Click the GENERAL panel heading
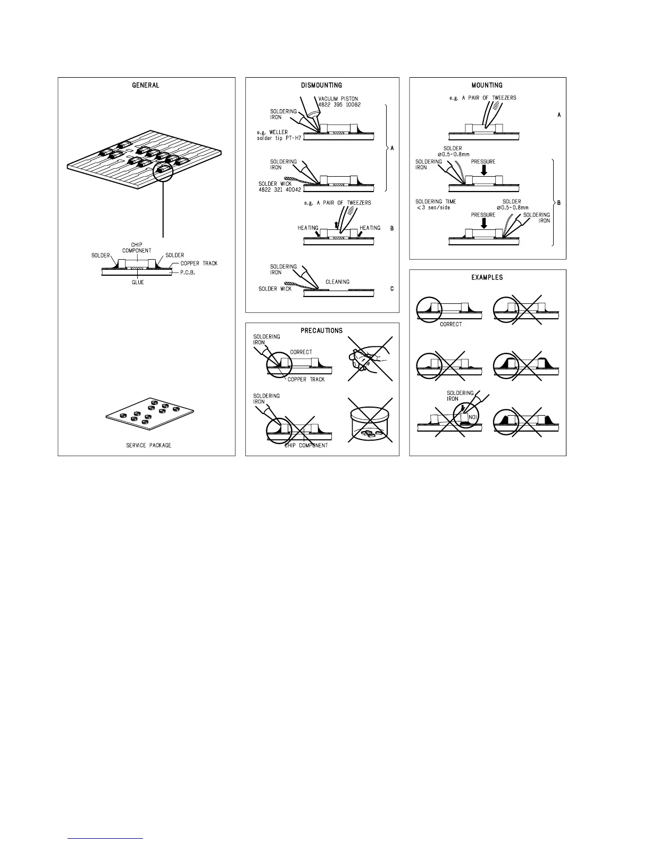coord(145,85)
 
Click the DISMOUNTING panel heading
coord(321,85)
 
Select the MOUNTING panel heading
coord(487,85)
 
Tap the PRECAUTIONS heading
coord(321,330)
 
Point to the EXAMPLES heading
coord(487,277)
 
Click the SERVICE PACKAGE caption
coord(148,445)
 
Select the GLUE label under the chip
coord(138,283)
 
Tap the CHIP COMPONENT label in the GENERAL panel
coord(137,248)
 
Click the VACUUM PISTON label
coord(339,99)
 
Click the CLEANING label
coord(337,282)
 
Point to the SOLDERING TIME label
coord(436,202)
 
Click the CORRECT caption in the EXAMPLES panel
coord(450,324)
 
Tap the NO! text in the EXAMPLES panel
coord(472,417)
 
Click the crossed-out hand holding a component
coord(370,359)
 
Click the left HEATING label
coord(307,228)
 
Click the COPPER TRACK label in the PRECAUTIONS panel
coord(306,379)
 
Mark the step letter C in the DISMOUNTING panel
coord(392,289)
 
